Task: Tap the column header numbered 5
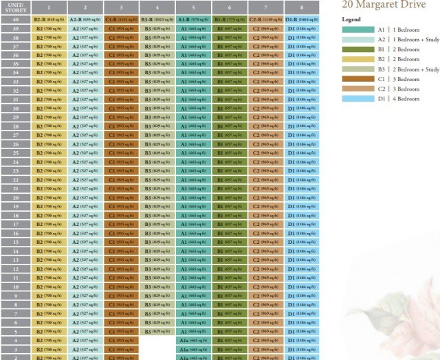click(193, 8)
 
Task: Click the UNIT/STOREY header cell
click(15, 8)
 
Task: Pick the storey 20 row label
click(15, 198)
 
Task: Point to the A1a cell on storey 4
click(193, 340)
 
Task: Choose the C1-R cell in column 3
click(121, 21)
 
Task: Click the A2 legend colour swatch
click(357, 40)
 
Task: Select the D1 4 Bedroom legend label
click(398, 99)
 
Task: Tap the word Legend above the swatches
click(351, 20)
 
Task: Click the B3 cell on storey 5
click(157, 331)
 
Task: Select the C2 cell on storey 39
click(265, 30)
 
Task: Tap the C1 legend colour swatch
click(357, 79)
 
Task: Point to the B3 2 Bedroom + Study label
click(408, 69)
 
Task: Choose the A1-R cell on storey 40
click(193, 21)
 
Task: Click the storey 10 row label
click(15, 286)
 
